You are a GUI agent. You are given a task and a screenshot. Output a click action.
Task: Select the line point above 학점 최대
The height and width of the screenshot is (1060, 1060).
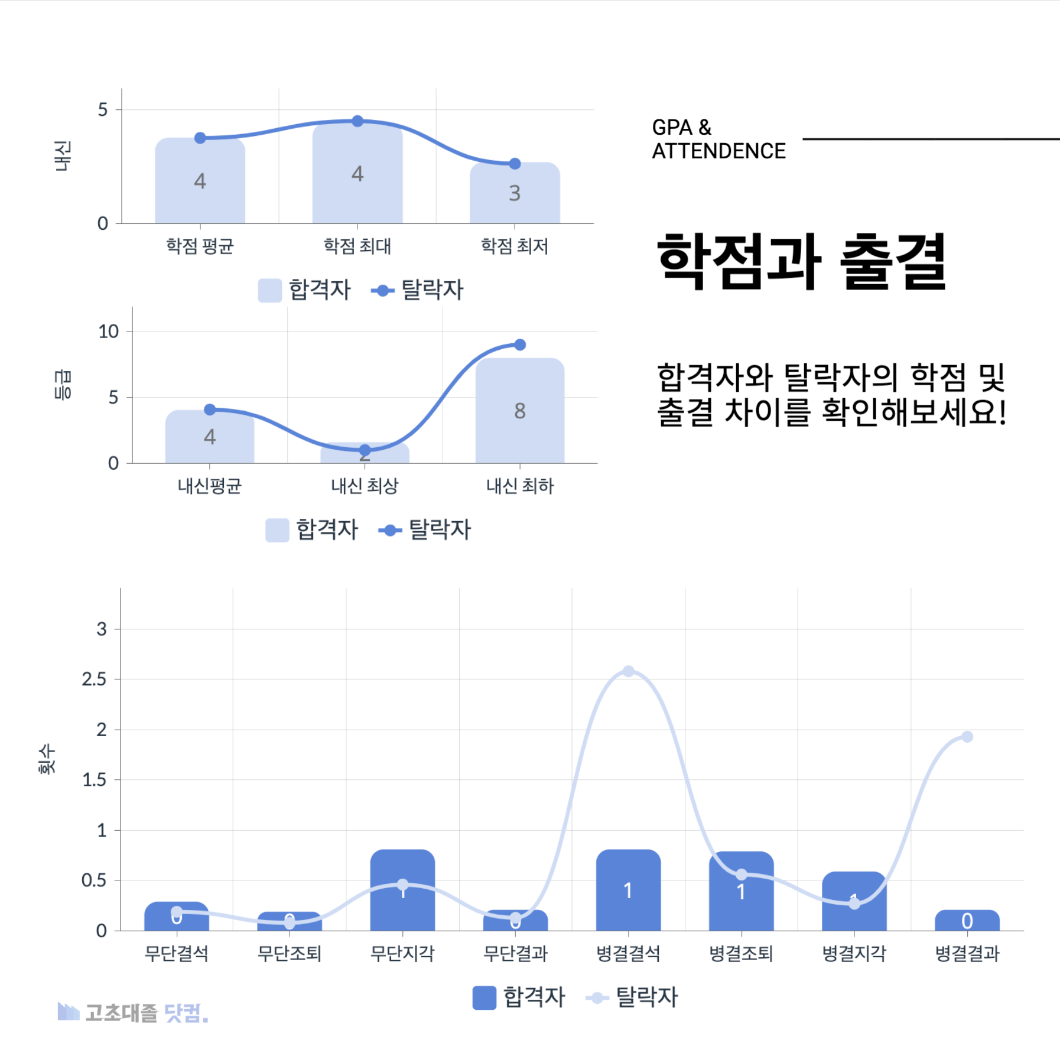pyautogui.click(x=357, y=121)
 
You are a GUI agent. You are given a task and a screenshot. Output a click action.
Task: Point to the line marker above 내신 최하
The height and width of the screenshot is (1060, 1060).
pyautogui.click(x=520, y=345)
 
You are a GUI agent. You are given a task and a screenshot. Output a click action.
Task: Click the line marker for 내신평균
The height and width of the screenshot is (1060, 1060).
pyautogui.click(x=210, y=409)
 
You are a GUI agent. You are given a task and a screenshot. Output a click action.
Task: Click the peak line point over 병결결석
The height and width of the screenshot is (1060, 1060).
pyautogui.click(x=629, y=671)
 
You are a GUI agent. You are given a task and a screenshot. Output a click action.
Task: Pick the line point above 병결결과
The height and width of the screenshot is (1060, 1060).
pyautogui.click(x=967, y=737)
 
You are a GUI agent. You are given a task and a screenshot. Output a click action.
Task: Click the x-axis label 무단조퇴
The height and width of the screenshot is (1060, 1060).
pyautogui.click(x=290, y=953)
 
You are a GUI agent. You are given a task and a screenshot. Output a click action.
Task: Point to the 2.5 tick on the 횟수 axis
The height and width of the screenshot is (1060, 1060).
pyautogui.click(x=94, y=679)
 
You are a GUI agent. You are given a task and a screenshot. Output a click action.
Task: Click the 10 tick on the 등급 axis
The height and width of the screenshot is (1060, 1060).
pyautogui.click(x=109, y=331)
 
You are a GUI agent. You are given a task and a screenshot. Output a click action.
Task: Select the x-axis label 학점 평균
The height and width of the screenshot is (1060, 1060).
pyautogui.click(x=200, y=246)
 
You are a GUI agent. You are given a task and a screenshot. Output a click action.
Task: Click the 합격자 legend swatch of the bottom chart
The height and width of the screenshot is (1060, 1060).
pyautogui.click(x=484, y=998)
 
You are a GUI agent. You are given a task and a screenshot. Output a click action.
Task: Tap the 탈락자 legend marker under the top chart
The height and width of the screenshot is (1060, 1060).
pyautogui.click(x=383, y=291)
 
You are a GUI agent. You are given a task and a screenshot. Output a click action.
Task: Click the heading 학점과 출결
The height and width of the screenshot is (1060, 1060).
pyautogui.click(x=801, y=261)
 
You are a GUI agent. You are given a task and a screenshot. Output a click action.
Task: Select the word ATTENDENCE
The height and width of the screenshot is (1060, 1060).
pyautogui.click(x=718, y=151)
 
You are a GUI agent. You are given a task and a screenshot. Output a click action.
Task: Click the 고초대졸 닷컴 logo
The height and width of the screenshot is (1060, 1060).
pyautogui.click(x=133, y=1013)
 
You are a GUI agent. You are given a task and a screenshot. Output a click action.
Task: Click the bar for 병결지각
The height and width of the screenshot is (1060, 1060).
pyautogui.click(x=854, y=901)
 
